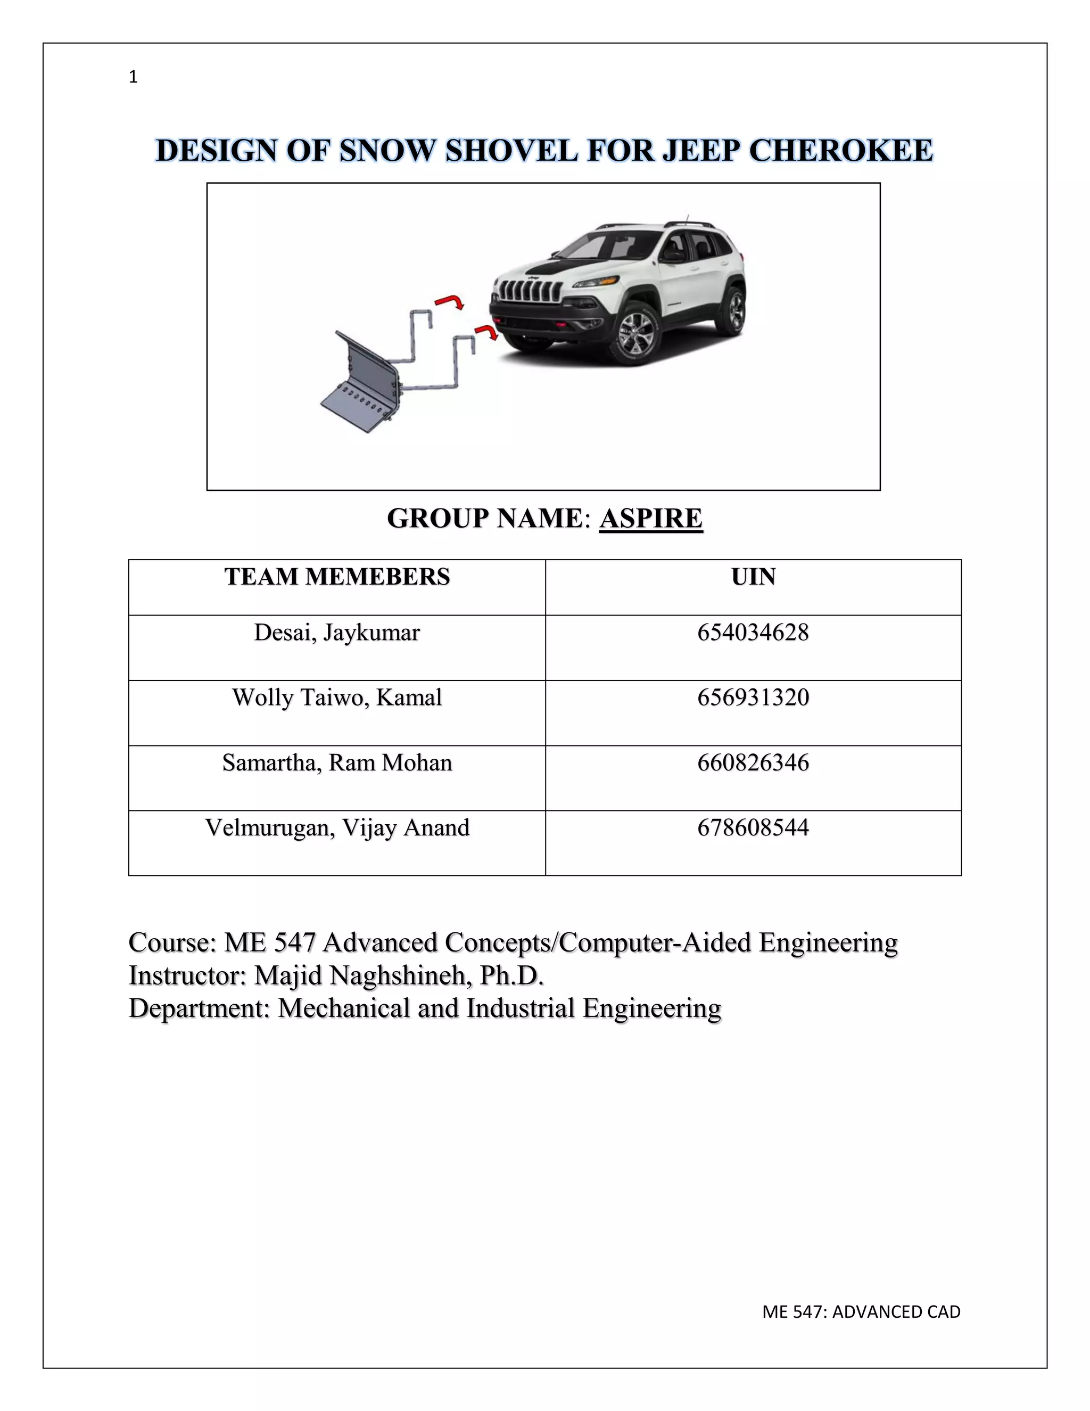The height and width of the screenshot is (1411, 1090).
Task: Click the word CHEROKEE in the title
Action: [841, 151]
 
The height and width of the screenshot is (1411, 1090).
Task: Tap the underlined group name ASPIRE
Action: [650, 519]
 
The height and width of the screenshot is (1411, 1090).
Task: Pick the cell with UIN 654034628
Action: [753, 633]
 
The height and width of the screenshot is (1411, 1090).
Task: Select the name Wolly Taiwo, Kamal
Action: [336, 698]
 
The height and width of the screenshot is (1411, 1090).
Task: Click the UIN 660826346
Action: [753, 763]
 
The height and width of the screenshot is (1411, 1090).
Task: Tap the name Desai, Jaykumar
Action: [336, 633]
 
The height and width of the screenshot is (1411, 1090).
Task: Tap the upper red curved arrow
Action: [450, 301]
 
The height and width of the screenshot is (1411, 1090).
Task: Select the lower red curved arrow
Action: [487, 332]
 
